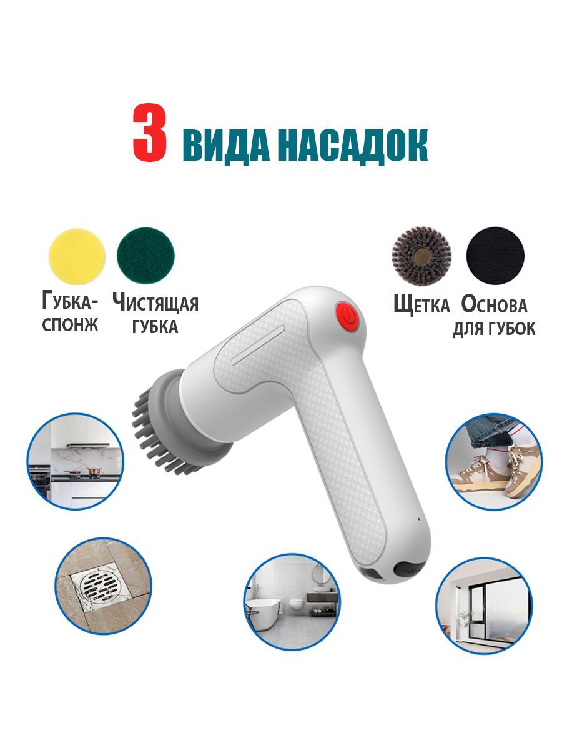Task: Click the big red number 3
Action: pos(150,132)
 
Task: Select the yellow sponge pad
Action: pos(77,256)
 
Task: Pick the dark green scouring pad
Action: pos(145,256)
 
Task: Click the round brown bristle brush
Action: pos(421,255)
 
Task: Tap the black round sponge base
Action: pos(495,255)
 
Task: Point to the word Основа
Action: pos(494,304)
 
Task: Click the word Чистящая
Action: pos(155,302)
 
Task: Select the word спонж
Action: pos(70,324)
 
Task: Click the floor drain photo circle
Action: pos(104,586)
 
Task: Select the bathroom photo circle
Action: pos(292,602)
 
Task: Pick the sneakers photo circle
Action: pos(494,462)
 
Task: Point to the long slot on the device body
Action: pos(258,345)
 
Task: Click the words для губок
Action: pos(494,328)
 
